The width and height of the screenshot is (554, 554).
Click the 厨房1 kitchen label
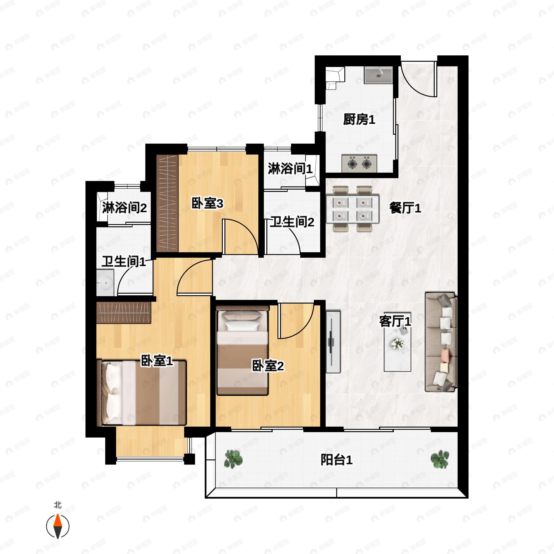[359, 119]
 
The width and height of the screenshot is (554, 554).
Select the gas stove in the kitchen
[359, 164]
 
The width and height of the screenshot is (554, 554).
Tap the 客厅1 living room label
[395, 321]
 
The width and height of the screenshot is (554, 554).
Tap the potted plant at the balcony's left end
[233, 459]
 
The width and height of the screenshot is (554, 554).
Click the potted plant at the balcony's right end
[440, 459]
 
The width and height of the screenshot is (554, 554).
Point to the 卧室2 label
[268, 366]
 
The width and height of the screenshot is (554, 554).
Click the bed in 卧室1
[142, 393]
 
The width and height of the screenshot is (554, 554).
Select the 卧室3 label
[207, 204]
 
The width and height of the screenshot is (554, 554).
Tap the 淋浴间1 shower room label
[290, 169]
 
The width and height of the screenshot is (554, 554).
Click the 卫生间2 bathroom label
[292, 222]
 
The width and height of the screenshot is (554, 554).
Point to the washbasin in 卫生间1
[105, 283]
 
